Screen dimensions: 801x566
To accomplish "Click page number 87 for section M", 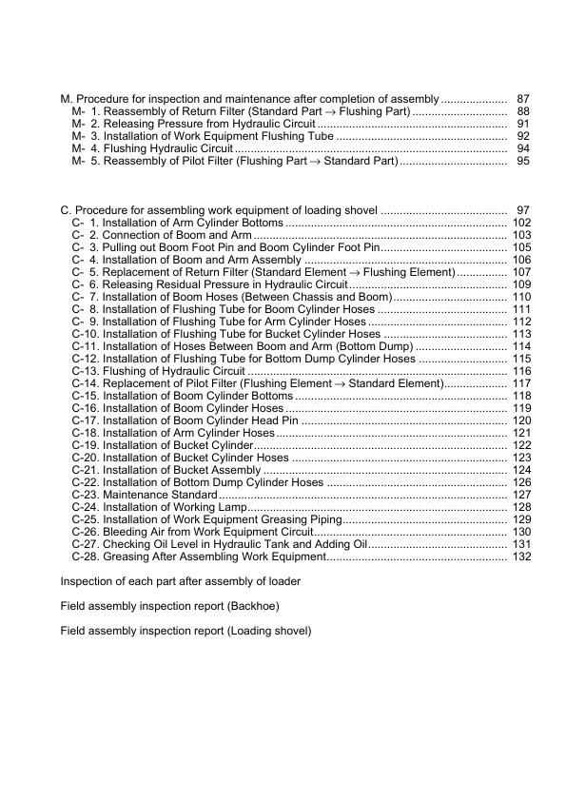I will click(522, 99).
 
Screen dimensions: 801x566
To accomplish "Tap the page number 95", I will click(522, 162).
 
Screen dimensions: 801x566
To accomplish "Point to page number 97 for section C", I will click(522, 210).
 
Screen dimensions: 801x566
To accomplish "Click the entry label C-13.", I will click(85, 371).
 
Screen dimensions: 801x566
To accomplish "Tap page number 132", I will click(520, 557).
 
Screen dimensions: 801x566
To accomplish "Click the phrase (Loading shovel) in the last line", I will click(268, 630).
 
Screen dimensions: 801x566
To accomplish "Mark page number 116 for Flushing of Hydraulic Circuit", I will click(520, 371).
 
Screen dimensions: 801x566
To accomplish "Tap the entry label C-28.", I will click(85, 557).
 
